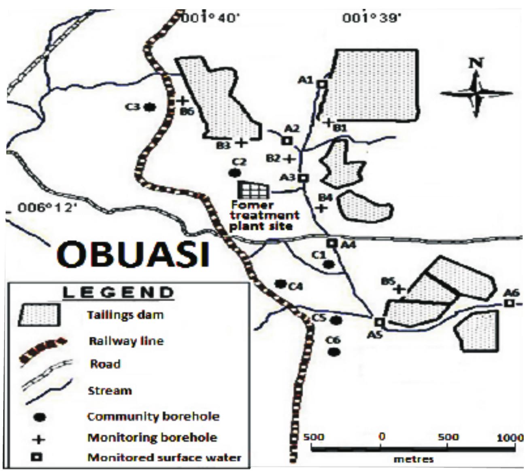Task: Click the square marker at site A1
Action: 322,84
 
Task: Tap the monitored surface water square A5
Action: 379,322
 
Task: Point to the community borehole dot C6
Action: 334,352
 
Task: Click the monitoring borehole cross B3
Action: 241,142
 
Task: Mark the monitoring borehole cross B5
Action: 399,289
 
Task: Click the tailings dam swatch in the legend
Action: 39,315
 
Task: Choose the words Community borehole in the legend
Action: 153,416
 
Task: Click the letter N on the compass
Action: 476,63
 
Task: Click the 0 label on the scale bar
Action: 381,437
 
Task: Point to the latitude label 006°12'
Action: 47,208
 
